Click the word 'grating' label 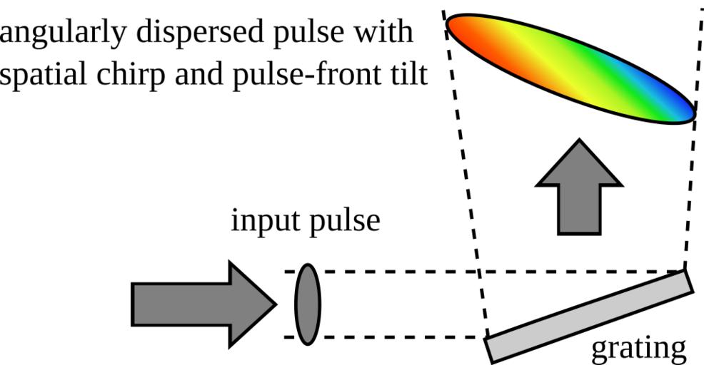pyautogui.click(x=639, y=349)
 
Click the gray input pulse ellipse pyautogui.click(x=308, y=304)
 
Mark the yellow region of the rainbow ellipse pyautogui.click(x=543, y=61)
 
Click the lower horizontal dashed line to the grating pyautogui.click(x=400, y=337)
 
